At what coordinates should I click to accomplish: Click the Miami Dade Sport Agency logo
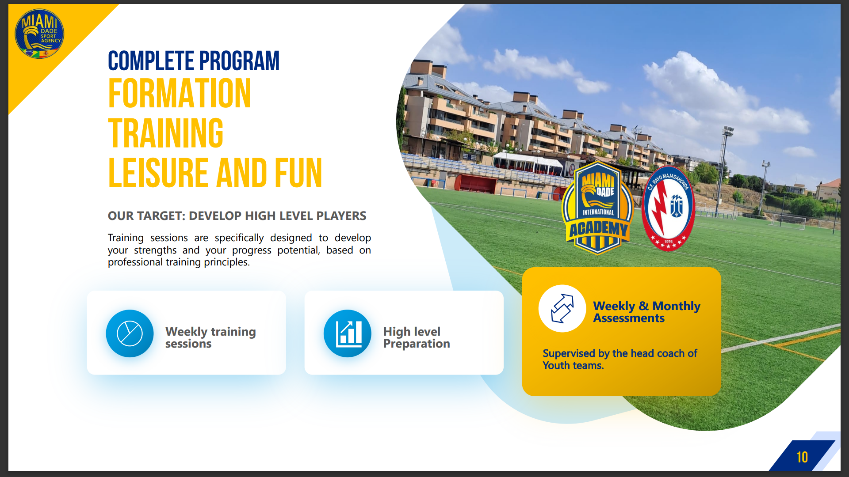coord(39,34)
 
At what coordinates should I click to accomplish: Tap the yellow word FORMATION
coord(180,93)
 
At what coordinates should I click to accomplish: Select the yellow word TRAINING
coord(166,133)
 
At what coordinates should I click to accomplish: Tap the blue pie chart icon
coord(130,333)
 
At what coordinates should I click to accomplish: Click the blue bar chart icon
coord(348,333)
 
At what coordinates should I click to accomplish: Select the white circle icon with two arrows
coord(562,308)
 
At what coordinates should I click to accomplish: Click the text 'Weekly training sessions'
coord(210,337)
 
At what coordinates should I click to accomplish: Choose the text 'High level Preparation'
coord(417,337)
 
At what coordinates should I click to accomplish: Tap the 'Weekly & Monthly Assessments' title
coord(646,312)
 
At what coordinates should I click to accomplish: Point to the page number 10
coord(802,457)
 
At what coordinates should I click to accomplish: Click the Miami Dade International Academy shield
coord(597,208)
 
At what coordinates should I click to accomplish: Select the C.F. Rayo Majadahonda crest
coord(668,208)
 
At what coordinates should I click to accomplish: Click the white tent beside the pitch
coord(528,162)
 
